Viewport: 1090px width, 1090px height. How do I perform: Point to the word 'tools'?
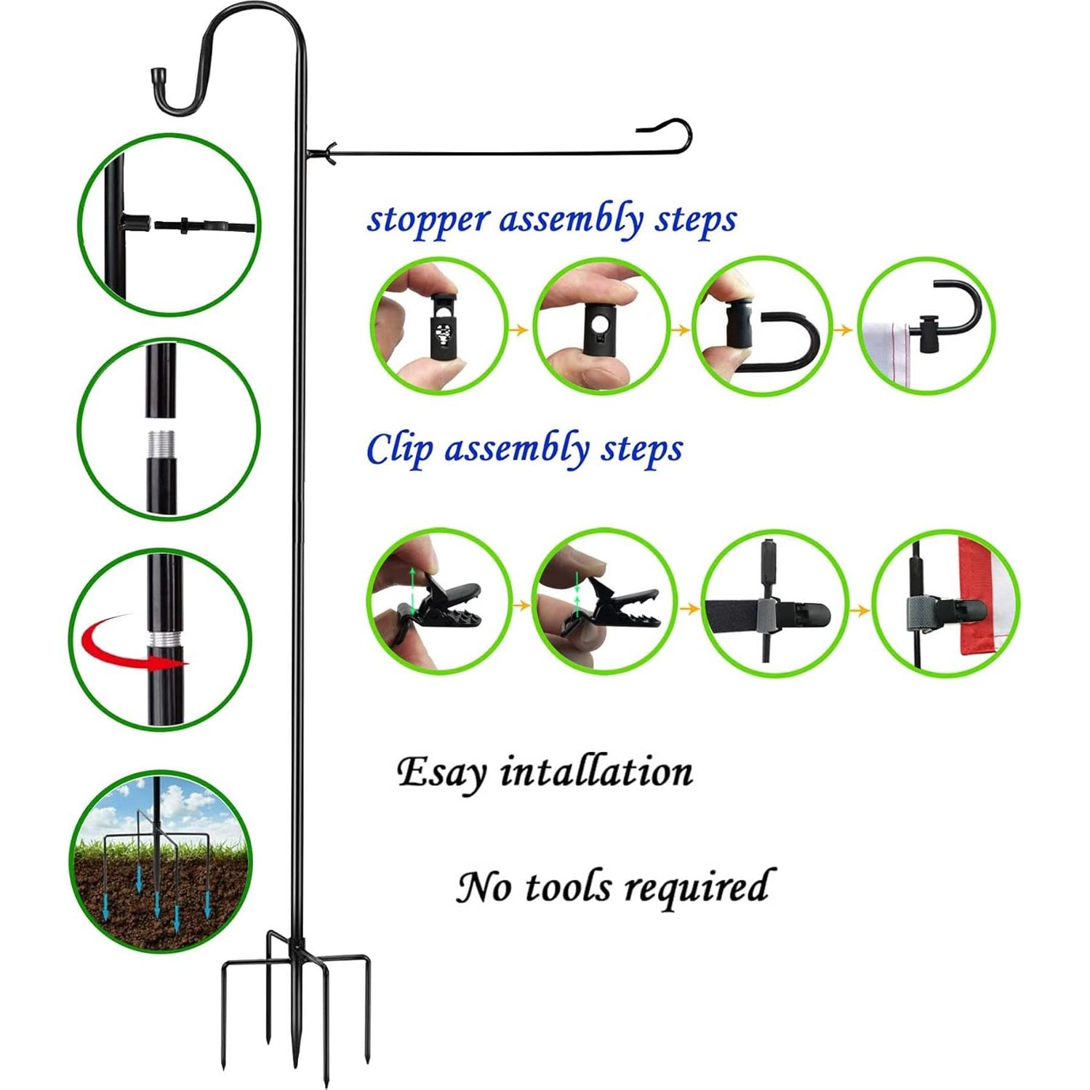coord(567,887)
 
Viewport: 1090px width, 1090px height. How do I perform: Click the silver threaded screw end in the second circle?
coord(161,444)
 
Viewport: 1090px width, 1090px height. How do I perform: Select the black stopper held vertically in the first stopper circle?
coord(442,324)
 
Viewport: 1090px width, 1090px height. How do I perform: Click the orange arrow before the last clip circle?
coord(859,609)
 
